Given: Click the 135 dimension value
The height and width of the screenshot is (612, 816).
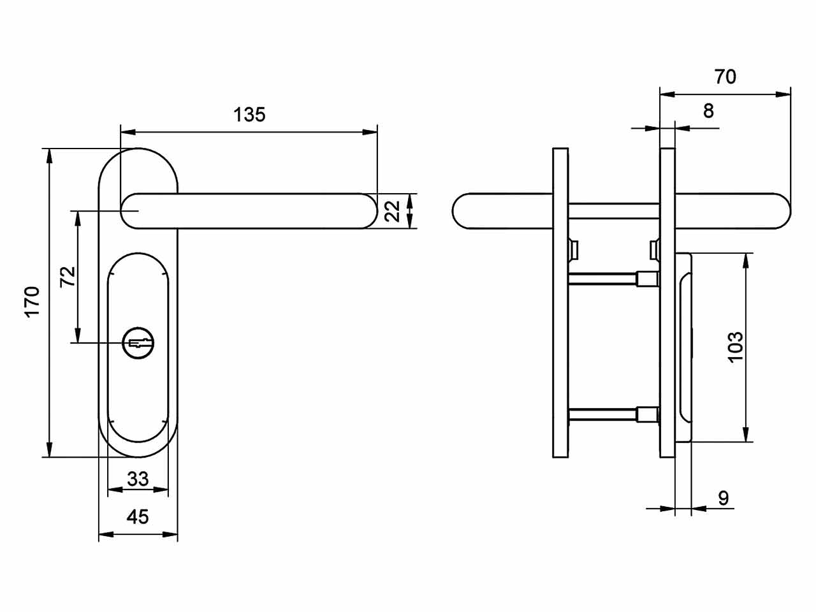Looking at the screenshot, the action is [x=249, y=115].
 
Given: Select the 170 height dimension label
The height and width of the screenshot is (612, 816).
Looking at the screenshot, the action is [x=32, y=302].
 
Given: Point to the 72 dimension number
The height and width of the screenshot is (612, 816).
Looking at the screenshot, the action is [x=68, y=277].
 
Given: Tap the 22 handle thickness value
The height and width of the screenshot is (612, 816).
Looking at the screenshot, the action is [x=392, y=211].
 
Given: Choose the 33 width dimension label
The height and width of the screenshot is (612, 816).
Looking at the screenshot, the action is [x=138, y=479].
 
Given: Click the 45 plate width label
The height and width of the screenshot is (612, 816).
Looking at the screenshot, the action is [x=138, y=517].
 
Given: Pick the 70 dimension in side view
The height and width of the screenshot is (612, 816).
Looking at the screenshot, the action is [x=725, y=76].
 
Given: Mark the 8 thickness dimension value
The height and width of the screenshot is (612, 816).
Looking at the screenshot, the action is [x=708, y=111].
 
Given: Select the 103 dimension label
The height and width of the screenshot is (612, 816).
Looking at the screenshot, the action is [x=735, y=347].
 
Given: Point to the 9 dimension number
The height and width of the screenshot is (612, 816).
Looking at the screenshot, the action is [x=724, y=499].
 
